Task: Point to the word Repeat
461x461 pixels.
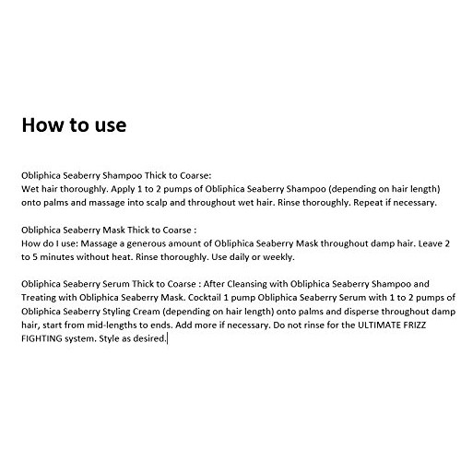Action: tap(368, 201)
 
